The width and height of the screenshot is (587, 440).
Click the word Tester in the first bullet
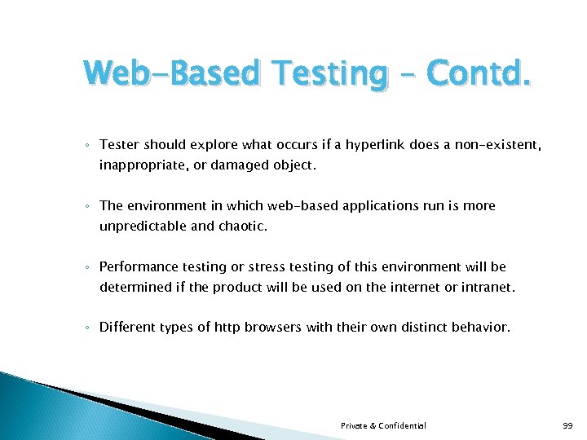click(120, 144)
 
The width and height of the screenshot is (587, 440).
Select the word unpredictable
click(143, 226)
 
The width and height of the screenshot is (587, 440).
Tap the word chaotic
click(242, 226)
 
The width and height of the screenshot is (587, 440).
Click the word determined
click(133, 287)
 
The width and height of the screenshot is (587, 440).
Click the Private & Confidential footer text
click(383, 426)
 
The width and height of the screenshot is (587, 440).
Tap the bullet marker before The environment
click(87, 206)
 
